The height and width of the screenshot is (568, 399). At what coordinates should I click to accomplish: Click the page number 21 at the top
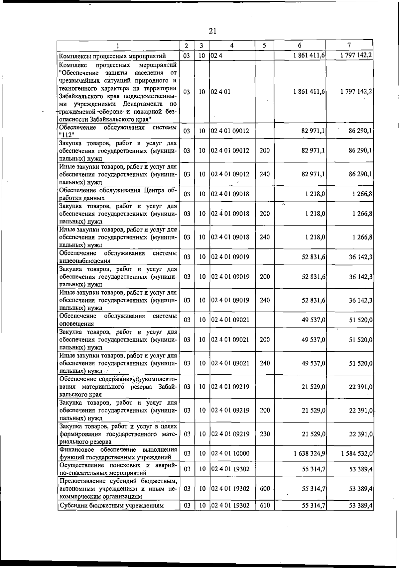click(213, 31)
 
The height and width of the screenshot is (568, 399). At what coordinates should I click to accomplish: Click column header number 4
click(232, 46)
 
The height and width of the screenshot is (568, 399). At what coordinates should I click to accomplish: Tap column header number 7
click(349, 45)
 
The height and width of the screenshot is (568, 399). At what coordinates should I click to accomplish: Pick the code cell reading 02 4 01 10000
click(230, 453)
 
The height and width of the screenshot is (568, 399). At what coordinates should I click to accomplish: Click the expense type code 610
click(265, 506)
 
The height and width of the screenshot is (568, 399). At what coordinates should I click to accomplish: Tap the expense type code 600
click(265, 489)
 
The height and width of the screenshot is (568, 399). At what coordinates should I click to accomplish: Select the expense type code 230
click(265, 434)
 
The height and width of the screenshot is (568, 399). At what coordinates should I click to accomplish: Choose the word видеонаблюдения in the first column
click(85, 261)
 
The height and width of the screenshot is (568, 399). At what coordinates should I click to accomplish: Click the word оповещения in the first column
click(76, 324)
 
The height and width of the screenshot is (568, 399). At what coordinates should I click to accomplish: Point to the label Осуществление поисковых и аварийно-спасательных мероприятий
click(118, 469)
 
